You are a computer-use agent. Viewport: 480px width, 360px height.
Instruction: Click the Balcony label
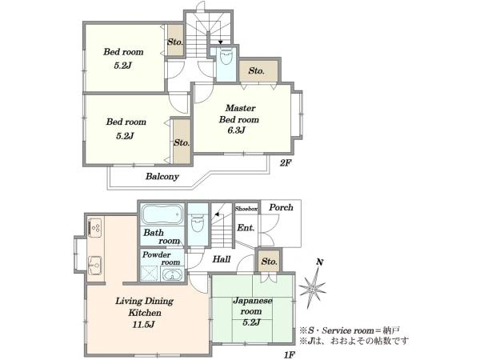click(162, 176)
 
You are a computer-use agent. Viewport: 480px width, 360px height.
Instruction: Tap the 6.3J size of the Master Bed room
click(236, 130)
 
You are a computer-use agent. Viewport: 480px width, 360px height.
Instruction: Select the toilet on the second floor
click(226, 56)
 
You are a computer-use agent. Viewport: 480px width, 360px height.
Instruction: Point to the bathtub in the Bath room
click(162, 214)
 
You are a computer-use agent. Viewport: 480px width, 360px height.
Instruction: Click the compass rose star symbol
click(313, 289)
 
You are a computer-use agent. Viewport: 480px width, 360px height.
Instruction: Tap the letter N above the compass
click(320, 262)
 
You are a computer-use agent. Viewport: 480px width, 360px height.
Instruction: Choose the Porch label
click(281, 207)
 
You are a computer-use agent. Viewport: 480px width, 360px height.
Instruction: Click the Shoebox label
click(246, 209)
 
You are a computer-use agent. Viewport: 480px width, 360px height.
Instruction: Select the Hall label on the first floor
click(222, 259)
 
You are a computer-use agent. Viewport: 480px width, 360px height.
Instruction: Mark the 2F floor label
click(285, 163)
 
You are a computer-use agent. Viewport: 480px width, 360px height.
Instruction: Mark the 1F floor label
click(290, 354)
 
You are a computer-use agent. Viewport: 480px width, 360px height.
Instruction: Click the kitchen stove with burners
click(94, 227)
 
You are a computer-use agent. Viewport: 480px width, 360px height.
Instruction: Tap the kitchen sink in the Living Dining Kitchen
click(94, 266)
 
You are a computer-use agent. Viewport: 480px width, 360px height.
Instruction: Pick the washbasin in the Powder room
click(172, 274)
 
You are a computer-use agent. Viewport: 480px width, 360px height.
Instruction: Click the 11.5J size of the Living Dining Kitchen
click(143, 325)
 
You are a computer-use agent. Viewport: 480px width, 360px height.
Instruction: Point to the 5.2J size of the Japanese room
click(251, 322)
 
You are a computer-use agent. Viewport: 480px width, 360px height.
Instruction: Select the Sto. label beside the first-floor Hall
click(269, 262)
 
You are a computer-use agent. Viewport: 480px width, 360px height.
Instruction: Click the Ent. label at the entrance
click(246, 228)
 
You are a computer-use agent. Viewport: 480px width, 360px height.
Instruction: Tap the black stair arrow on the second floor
click(221, 42)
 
